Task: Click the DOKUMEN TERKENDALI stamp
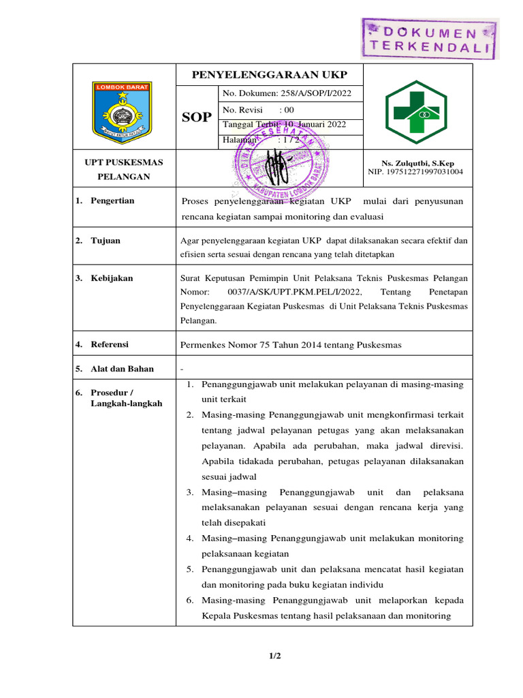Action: (429, 39)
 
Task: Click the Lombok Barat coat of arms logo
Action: (123, 108)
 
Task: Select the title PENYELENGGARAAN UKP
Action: (269, 74)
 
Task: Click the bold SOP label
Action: (197, 117)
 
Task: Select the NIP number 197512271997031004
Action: (415, 172)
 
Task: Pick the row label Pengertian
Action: (112, 200)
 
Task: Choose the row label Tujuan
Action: (106, 240)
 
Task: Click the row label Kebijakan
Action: (112, 278)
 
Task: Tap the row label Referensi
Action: (110, 344)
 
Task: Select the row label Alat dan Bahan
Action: (122, 369)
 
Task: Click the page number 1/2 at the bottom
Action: (274, 656)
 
